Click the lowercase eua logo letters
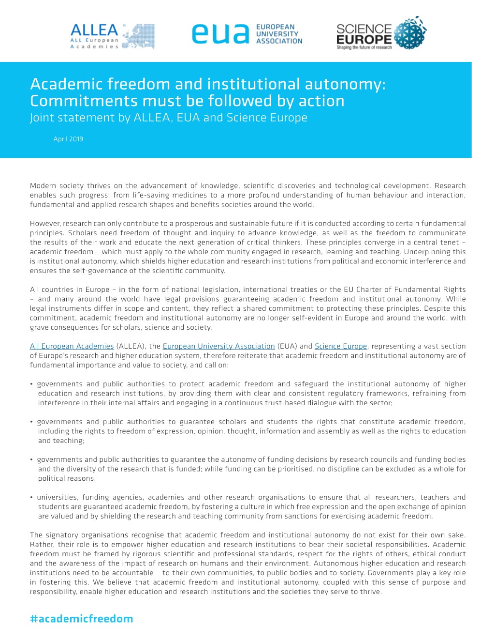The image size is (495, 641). (220, 34)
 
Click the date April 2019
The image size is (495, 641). (68, 139)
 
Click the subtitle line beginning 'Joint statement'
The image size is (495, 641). (168, 118)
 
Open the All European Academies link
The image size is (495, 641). (72, 346)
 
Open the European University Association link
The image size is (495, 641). (218, 346)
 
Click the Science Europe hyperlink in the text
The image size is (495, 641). (341, 346)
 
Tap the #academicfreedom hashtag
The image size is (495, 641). (81, 619)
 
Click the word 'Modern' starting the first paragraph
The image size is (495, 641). (43, 186)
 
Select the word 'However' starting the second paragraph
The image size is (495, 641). (44, 224)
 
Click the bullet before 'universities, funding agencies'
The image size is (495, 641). (32, 498)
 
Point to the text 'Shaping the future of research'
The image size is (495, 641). (364, 47)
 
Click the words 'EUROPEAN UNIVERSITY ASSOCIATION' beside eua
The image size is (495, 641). (279, 34)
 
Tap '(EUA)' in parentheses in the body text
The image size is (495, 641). (287, 346)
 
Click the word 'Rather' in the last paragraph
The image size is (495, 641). (42, 545)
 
